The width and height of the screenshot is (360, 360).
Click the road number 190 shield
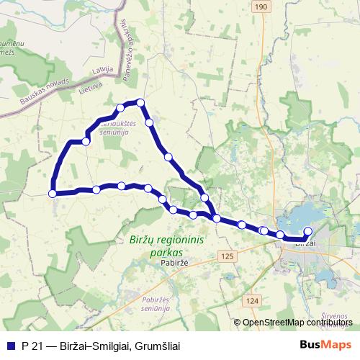click(260, 6)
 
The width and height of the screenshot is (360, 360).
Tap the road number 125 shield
click(228, 256)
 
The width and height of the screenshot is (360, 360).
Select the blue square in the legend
click(10, 346)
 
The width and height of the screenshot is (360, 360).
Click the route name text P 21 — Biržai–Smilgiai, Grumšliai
click(101, 346)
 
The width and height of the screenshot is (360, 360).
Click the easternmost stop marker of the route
click(308, 231)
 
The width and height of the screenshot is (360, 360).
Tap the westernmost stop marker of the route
click(53, 193)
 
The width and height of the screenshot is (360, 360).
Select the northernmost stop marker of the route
click(141, 102)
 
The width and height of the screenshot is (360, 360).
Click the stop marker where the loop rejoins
click(216, 217)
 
